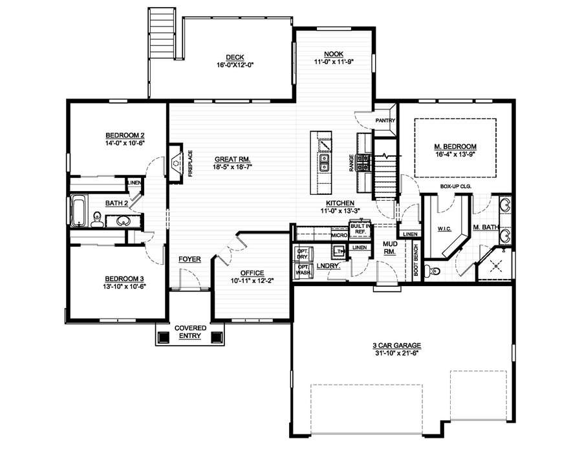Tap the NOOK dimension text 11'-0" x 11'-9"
pos(333,62)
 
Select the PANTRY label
pos(385,120)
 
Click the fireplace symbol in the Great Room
pos(177,162)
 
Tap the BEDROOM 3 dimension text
pos(124,286)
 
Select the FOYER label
pos(189,260)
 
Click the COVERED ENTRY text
pos(191,332)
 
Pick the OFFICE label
pos(252,273)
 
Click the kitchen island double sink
pos(324,161)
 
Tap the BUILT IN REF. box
pos(359,227)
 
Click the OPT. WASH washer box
pos(302,271)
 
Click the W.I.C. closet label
pos(444,228)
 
